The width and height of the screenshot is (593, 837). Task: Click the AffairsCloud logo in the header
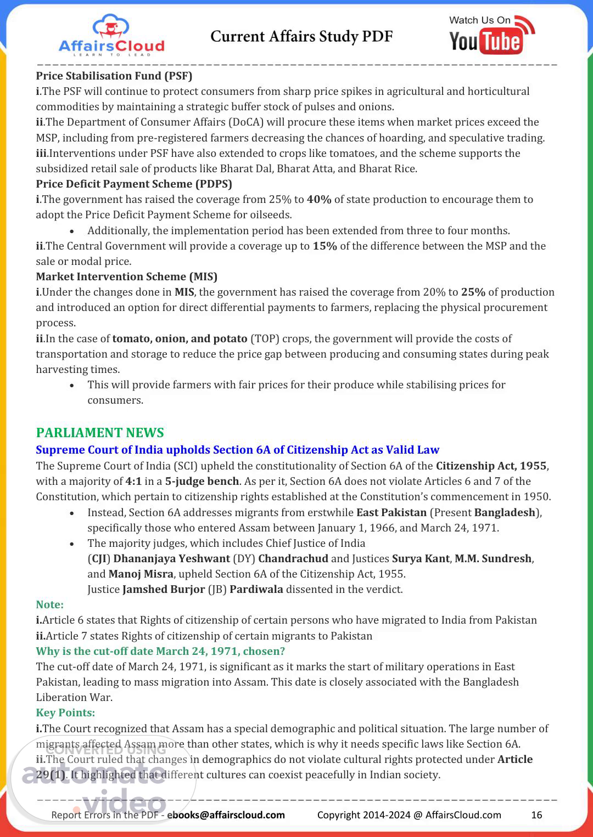click(x=111, y=36)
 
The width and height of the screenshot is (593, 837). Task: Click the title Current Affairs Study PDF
click(x=301, y=37)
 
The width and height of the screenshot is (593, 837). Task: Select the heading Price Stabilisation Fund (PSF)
click(x=114, y=76)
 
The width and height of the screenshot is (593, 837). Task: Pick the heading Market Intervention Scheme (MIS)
click(x=127, y=276)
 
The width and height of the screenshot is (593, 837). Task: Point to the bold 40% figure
click(x=319, y=200)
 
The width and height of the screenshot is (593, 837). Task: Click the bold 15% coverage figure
click(x=325, y=246)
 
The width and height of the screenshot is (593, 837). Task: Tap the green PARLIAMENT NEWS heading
click(x=100, y=433)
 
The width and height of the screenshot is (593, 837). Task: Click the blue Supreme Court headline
click(x=237, y=450)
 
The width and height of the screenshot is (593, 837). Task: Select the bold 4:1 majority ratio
click(x=133, y=482)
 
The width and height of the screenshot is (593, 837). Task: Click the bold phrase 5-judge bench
click(x=202, y=482)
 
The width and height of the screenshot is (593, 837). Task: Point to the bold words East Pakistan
click(x=391, y=512)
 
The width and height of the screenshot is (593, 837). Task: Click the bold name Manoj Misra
click(x=141, y=574)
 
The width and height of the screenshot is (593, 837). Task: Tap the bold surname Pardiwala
click(x=256, y=590)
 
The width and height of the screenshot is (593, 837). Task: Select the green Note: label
click(x=50, y=604)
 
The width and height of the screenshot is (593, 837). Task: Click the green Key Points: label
click(x=65, y=712)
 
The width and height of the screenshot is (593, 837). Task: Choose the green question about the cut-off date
click(x=160, y=651)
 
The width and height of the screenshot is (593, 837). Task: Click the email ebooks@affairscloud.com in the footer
click(x=226, y=815)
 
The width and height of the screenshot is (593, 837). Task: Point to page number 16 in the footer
click(x=536, y=815)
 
